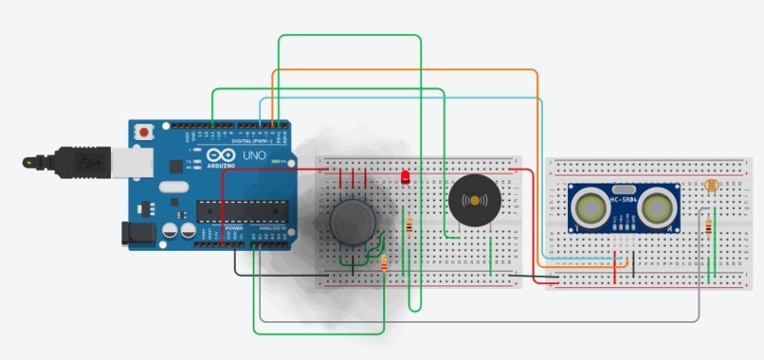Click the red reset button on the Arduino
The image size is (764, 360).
click(144, 134)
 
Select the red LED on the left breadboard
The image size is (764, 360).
click(406, 176)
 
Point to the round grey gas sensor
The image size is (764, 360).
click(354, 221)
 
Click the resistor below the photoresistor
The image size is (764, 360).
click(710, 226)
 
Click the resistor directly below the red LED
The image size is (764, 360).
click(409, 226)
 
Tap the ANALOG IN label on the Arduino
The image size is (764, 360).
click(270, 229)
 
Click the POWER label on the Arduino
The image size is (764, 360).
click(233, 229)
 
